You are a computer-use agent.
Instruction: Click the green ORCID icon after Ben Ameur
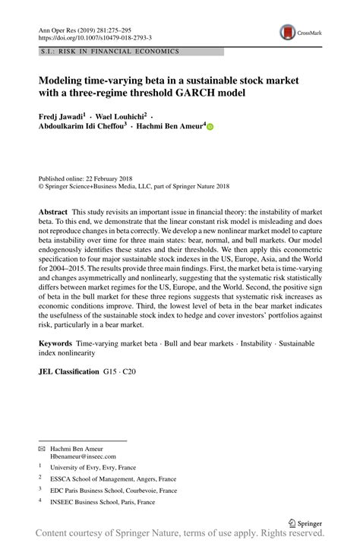210,130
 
